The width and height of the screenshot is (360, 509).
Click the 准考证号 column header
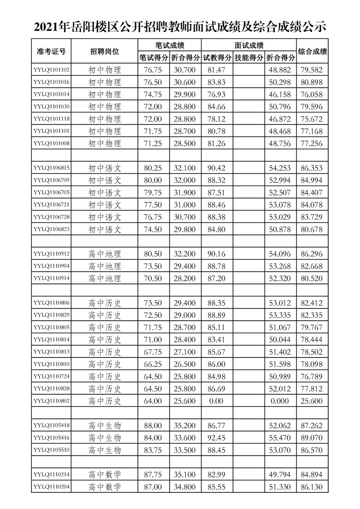pos(51,51)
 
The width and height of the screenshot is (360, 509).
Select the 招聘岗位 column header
pos(105,51)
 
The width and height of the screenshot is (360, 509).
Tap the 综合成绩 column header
pos(312,51)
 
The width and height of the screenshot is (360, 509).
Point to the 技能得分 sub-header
pos(249,58)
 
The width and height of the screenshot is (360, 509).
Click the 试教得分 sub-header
pos(217,58)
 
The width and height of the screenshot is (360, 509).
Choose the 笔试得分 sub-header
pos(153,58)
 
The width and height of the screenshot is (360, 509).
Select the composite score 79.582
pos(312,70)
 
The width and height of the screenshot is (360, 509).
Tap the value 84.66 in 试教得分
pos(217,107)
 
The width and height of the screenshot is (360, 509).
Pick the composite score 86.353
pos(312,168)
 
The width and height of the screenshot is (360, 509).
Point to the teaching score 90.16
pos(217,254)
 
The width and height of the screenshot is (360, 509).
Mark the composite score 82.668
pos(312,266)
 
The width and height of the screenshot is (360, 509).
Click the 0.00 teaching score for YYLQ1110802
pos(217,401)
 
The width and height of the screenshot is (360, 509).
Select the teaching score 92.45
pos(217,438)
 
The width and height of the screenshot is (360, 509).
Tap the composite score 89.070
pos(312,438)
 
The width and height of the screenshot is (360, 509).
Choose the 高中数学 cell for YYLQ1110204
pos(105,487)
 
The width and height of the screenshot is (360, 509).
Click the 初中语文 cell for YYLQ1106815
pos(105,168)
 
